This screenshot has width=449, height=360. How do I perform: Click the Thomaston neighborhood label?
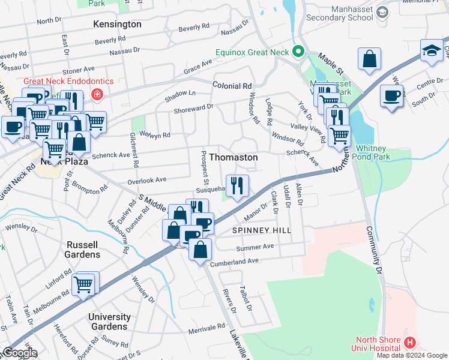coord(234,157)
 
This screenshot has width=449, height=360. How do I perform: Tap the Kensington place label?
coord(118,25)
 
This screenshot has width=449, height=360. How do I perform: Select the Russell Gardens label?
coord(83,250)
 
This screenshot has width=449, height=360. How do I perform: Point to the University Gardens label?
coord(109,322)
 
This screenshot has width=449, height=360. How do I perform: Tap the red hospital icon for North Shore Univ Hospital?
coord(409,343)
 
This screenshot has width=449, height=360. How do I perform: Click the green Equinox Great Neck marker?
coord(297,50)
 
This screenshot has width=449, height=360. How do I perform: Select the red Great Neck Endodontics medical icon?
coord(97,94)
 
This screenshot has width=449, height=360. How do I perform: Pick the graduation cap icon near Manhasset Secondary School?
coord(431,52)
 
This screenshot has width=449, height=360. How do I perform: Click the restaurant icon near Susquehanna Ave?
coord(238,186)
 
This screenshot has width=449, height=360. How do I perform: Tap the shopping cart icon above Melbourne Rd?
coord(83,285)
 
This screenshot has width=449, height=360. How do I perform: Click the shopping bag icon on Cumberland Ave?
coord(200,248)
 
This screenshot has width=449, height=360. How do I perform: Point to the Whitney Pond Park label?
coord(382,152)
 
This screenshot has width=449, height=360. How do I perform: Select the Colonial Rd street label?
coord(232,86)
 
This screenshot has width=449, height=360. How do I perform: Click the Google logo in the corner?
coord(19,353)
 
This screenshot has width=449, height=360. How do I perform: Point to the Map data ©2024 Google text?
coord(412,355)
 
